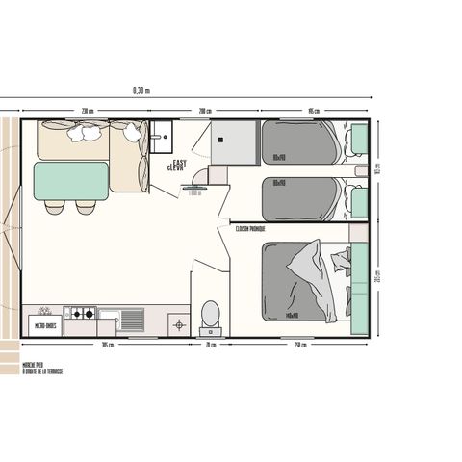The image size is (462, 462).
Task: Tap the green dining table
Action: (70, 180)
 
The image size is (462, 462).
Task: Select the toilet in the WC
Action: (210, 315)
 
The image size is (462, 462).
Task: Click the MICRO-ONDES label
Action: (44, 326)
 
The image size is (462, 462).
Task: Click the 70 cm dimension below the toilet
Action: (209, 345)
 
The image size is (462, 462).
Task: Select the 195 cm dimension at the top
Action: (313, 111)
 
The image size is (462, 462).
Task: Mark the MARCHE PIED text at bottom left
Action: (35, 366)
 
